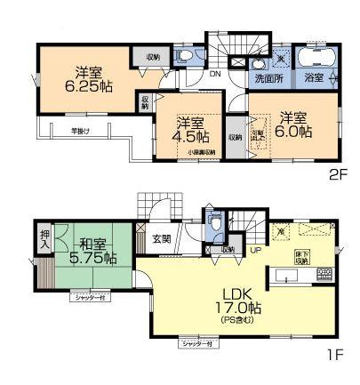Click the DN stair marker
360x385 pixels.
pos(215,76)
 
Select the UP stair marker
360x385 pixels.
pos(257,250)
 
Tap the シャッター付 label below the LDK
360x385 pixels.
pos(196,343)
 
